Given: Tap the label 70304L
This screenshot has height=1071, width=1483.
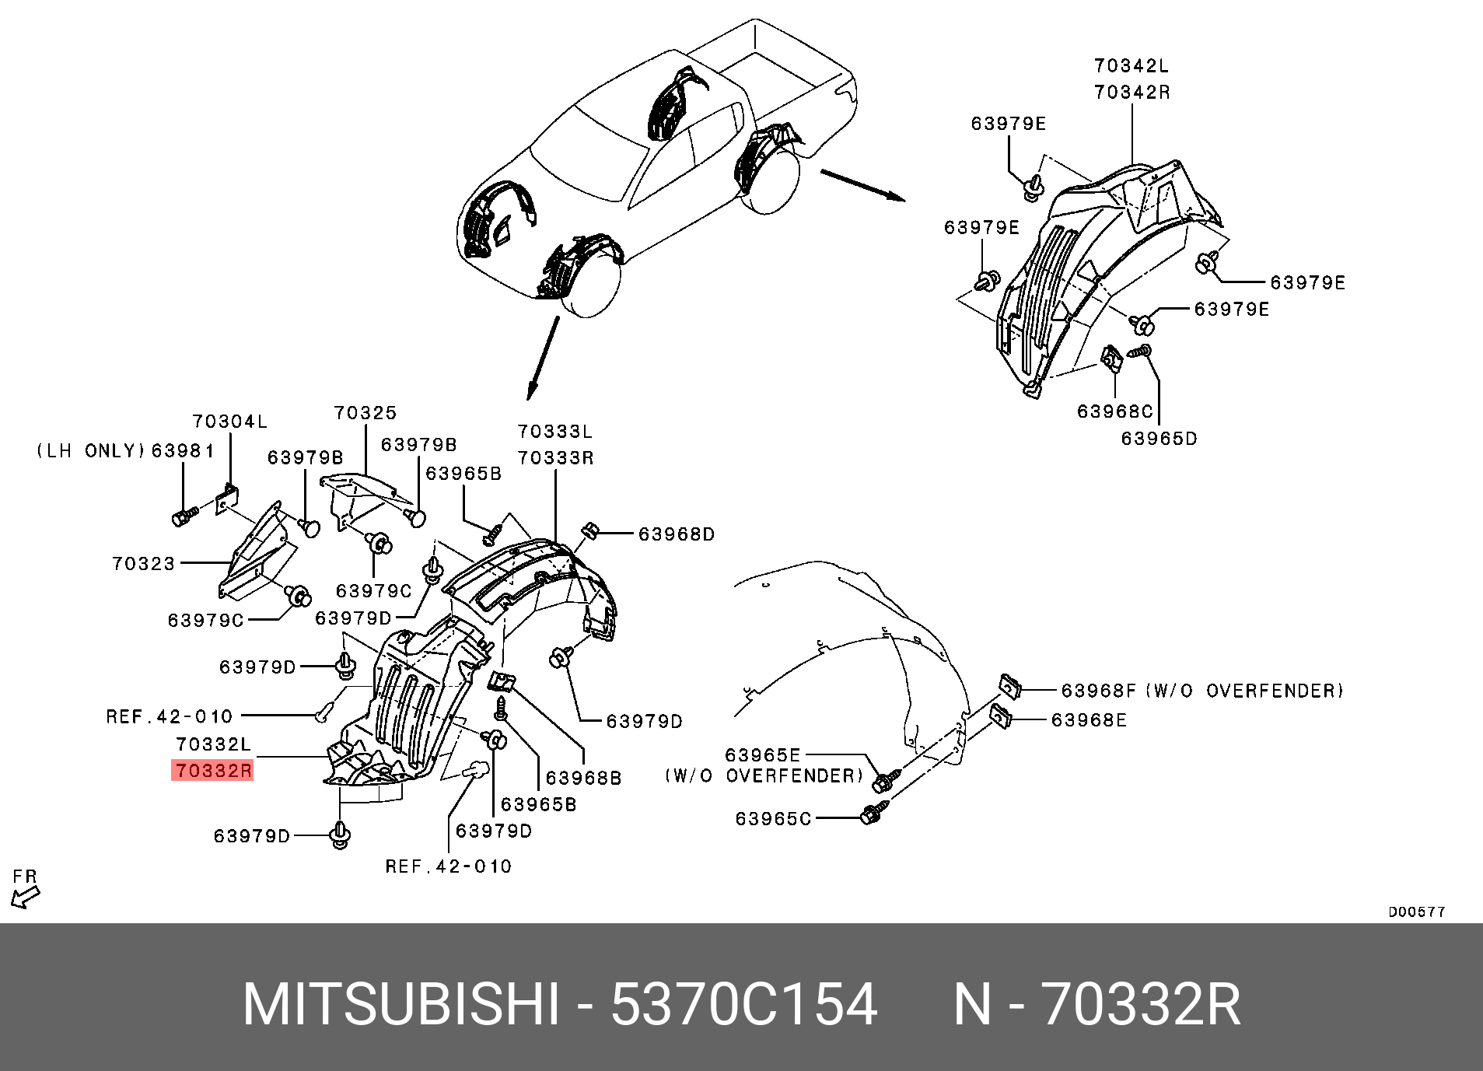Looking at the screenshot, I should pyautogui.click(x=230, y=422).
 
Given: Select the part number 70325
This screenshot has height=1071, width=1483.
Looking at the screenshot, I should pyautogui.click(x=366, y=413).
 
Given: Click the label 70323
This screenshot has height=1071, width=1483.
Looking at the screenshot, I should pyautogui.click(x=144, y=562).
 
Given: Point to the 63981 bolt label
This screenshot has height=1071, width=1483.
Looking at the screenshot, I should pyautogui.click(x=183, y=450).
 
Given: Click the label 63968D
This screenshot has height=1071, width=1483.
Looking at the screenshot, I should pyautogui.click(x=676, y=534).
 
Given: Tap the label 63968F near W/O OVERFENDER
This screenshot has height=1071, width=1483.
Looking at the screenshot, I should pyautogui.click(x=1098, y=690).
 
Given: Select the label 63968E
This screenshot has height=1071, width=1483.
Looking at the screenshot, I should pyautogui.click(x=1089, y=720).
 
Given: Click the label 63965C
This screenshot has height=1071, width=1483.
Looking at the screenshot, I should pyautogui.click(x=773, y=818).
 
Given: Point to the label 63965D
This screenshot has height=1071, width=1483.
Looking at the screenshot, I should pyautogui.click(x=1159, y=439).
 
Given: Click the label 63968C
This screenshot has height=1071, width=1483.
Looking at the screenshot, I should pyautogui.click(x=1114, y=411).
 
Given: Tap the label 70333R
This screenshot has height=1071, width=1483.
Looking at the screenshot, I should pyautogui.click(x=555, y=458).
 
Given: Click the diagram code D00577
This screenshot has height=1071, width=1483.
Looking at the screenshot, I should pyautogui.click(x=1417, y=912).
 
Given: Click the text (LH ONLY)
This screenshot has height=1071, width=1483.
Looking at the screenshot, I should pyautogui.click(x=91, y=450).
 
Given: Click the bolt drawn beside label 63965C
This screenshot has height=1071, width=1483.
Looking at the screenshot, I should pyautogui.click(x=871, y=815).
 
